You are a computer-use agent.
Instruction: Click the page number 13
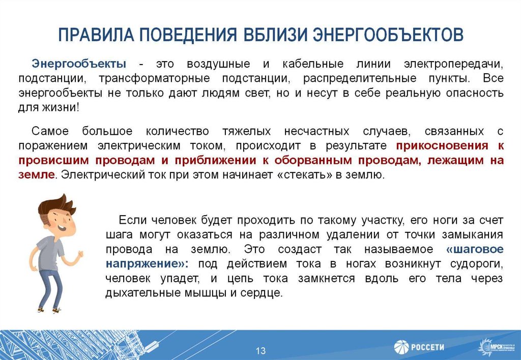pyautogui.click(x=260, y=351)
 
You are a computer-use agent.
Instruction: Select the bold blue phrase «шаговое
pyautogui.click(x=474, y=250)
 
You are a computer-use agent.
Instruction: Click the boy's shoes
pyautogui.click(x=48, y=308)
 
